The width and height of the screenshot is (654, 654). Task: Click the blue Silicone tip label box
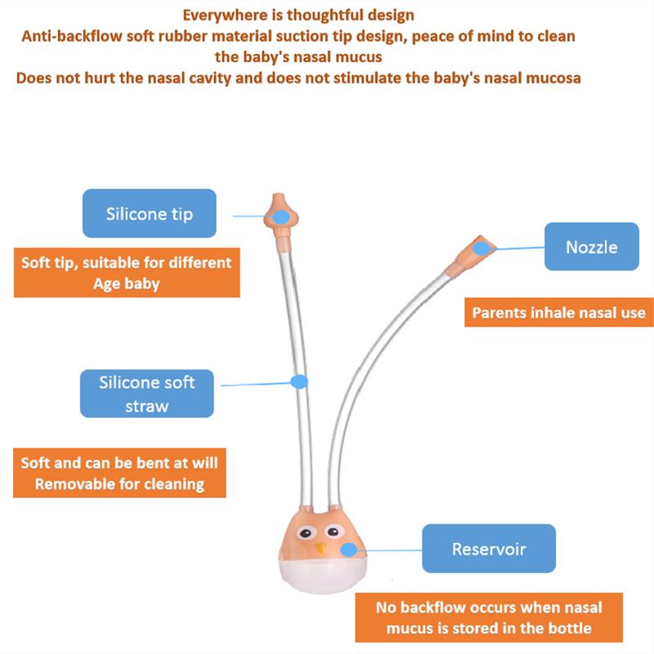click(149, 214)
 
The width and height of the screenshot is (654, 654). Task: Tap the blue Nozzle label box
click(591, 246)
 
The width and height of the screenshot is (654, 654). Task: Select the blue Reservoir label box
click(488, 549)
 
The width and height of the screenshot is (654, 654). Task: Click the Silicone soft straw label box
click(146, 393)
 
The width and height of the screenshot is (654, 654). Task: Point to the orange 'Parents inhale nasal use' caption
click(558, 312)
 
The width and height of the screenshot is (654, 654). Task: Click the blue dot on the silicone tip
click(281, 217)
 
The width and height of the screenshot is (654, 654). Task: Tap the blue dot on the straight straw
click(299, 381)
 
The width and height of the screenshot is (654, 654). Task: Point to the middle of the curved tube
click(368, 360)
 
